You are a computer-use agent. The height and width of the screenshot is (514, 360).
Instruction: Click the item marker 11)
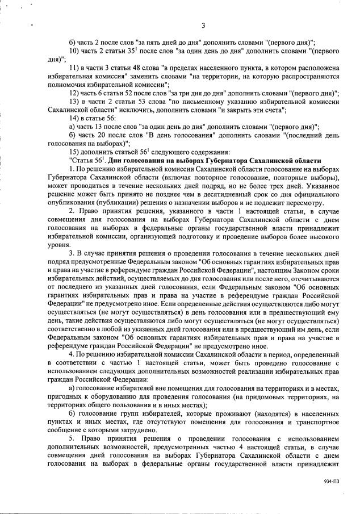(74, 68)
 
